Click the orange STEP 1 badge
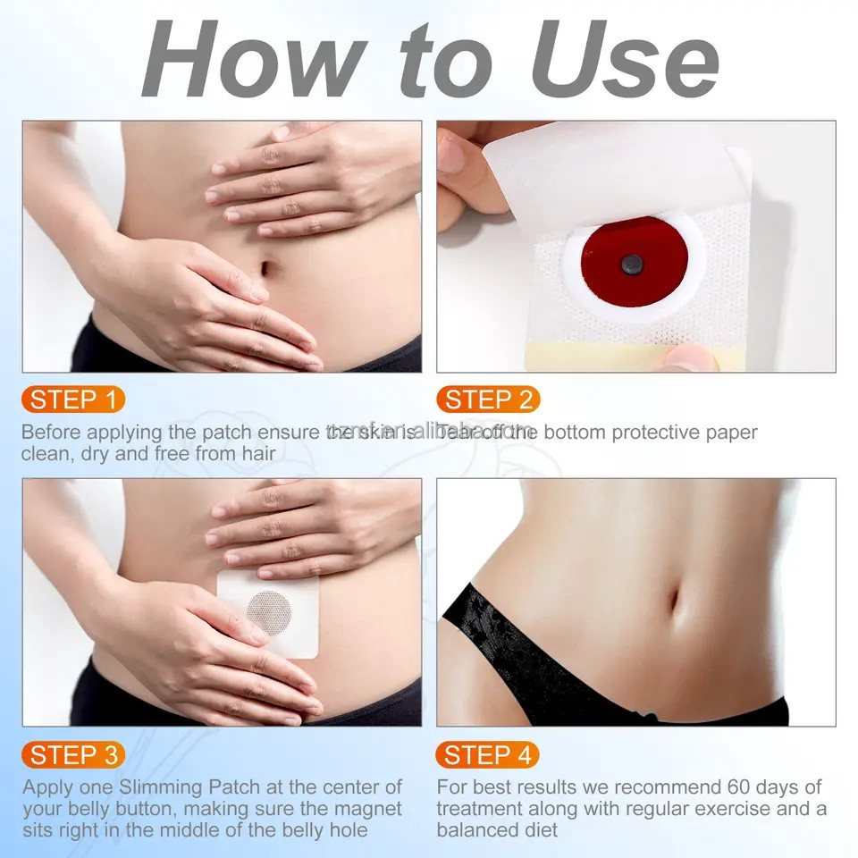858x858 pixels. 73,400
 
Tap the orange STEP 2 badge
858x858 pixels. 488,400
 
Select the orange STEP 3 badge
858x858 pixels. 73,755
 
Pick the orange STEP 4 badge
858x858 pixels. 488,755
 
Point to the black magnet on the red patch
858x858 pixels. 632,264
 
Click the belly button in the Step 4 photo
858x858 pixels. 675,607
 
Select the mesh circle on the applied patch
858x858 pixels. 269,613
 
